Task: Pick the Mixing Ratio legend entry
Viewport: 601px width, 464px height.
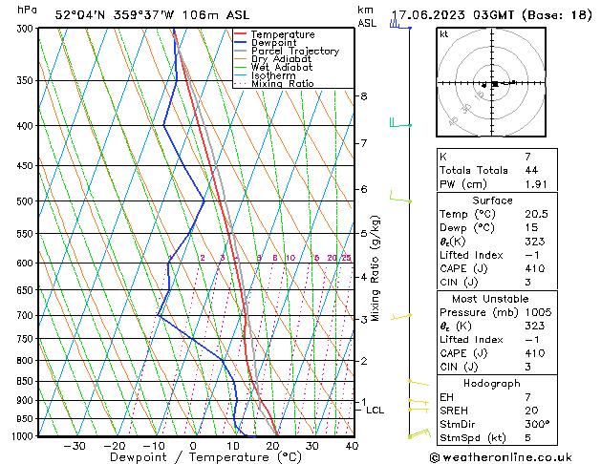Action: coord(282,84)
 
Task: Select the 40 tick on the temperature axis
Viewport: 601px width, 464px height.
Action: coord(352,446)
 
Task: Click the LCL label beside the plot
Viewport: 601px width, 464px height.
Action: coord(376,411)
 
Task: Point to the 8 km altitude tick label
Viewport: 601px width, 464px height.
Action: coord(363,96)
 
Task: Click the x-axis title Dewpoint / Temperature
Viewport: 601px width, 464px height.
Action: coord(192,457)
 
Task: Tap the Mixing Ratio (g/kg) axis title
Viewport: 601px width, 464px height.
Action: coord(376,268)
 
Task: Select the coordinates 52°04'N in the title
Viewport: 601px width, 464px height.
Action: coord(80,15)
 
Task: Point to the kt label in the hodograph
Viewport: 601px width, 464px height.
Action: coord(443,34)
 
